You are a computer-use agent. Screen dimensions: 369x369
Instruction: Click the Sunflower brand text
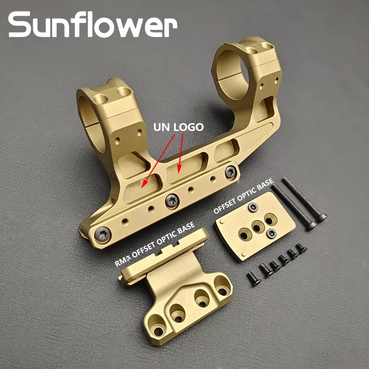[93, 24]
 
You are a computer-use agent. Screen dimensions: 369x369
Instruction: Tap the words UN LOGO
[179, 127]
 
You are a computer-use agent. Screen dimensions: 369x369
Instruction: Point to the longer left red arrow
[158, 161]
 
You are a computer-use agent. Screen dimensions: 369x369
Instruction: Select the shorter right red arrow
[180, 154]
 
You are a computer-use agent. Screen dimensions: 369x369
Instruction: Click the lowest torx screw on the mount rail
[103, 234]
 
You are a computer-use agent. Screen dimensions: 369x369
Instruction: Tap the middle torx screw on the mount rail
[172, 201]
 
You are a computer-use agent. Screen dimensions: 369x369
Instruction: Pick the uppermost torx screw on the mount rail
[231, 172]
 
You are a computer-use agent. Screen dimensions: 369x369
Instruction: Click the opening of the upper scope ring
[233, 73]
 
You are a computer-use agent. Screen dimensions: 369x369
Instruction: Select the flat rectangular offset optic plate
[255, 226]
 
